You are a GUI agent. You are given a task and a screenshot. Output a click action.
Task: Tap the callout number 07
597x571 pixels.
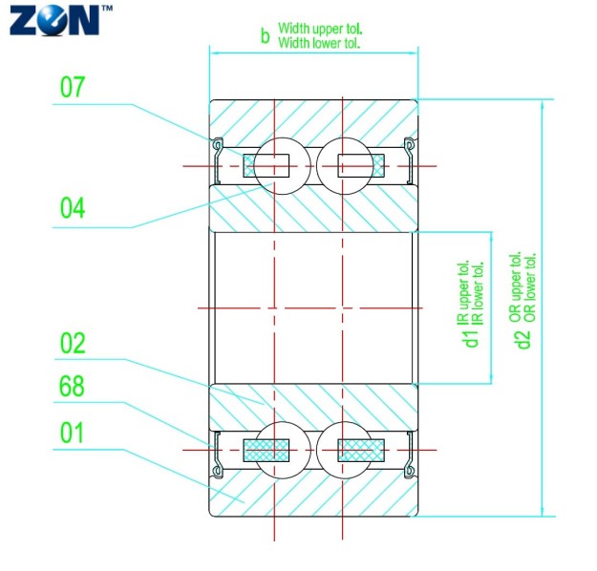pos(73,89)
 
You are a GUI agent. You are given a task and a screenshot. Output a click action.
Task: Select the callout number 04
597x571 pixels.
pos(73,207)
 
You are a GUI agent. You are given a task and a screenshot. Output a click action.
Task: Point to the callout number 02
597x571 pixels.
pos(73,344)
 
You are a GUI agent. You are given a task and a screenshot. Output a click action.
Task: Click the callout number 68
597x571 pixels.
pos(73,387)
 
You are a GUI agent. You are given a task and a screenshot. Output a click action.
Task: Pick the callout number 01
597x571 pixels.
pos(73,433)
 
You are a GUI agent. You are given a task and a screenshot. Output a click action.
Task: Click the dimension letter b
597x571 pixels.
pos(266,36)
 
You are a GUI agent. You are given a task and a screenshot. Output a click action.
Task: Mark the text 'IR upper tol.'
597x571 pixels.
pos(464,291)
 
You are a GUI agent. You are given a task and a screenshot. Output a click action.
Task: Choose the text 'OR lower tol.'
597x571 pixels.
pos(530,285)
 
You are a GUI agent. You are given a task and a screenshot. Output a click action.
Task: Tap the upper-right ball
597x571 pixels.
pos(341,165)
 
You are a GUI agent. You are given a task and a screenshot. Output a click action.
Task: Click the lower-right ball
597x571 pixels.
pos(341,449)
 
